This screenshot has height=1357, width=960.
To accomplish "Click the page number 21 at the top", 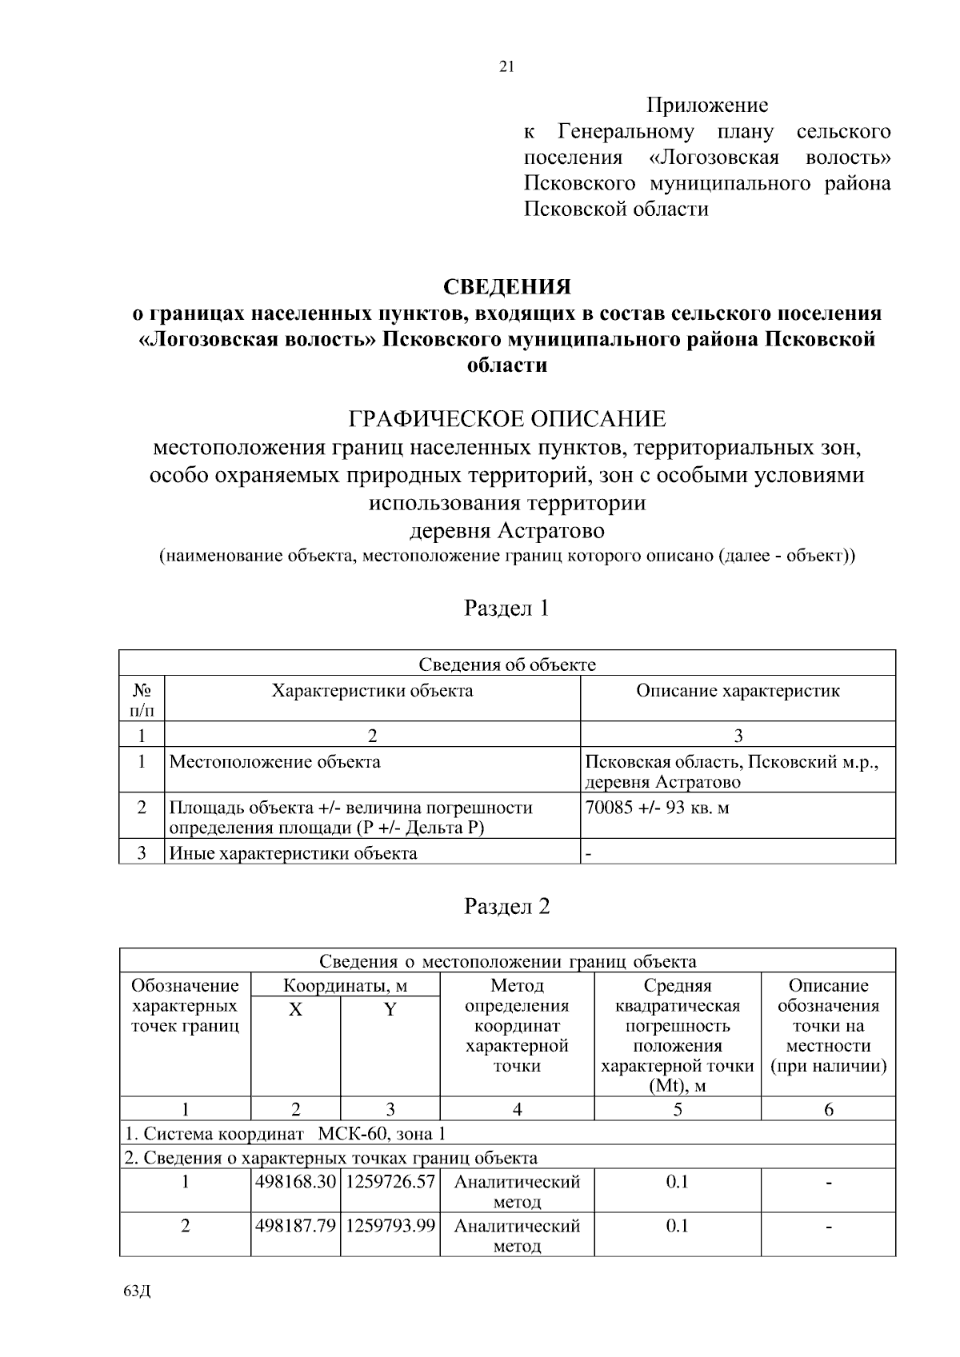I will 506,67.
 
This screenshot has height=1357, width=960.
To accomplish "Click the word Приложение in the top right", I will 706,105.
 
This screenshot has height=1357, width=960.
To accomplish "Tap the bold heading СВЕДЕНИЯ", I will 507,286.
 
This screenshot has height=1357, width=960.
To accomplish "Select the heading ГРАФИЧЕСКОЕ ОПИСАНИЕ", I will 507,418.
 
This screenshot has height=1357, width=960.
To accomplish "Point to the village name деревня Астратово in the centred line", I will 507,530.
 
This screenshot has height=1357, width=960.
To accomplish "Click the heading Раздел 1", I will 507,608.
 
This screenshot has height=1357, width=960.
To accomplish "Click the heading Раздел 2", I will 507,906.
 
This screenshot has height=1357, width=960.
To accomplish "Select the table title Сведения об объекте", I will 507,665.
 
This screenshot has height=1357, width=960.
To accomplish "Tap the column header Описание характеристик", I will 738,691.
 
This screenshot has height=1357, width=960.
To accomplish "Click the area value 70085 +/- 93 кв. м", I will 658,808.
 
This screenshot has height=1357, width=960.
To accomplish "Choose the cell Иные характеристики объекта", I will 294,853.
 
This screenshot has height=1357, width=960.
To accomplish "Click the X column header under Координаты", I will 295,1010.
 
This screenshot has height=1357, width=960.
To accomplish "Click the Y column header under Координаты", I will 390,1010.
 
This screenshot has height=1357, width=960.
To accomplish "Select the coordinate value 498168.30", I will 295,1182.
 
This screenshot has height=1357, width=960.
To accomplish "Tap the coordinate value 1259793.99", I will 390,1226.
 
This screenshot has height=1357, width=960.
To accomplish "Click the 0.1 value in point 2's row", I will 677,1226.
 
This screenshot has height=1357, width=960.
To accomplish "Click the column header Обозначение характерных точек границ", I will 185,1006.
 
